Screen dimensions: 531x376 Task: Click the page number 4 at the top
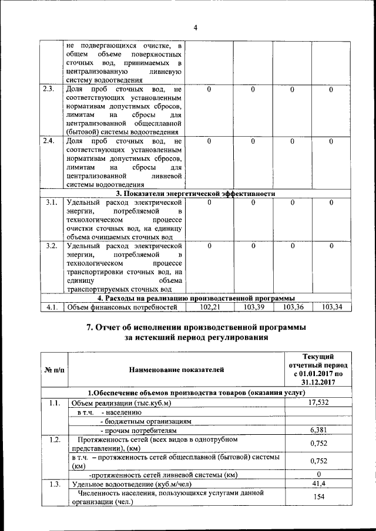[x=196, y=28]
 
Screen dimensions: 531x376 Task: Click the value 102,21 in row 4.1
[x=210, y=307]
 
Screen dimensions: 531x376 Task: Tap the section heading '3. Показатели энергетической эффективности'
[x=195, y=194]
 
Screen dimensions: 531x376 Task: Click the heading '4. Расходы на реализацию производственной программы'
[x=195, y=297]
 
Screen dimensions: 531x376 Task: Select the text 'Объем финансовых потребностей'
[x=122, y=307]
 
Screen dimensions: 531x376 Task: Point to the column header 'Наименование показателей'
[x=176, y=370]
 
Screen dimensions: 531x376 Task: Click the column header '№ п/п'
[x=54, y=370]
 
